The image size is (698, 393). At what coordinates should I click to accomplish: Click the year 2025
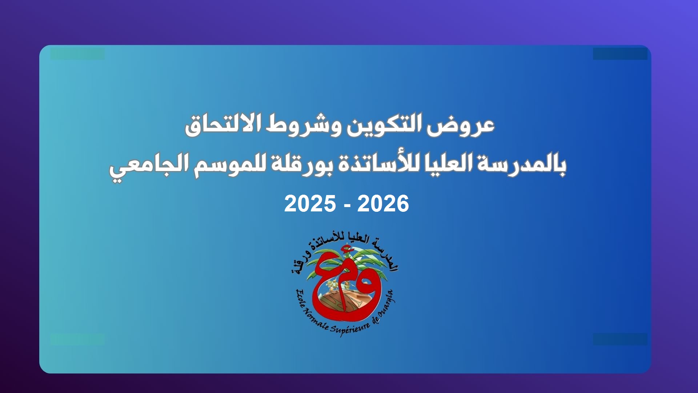coord(310,204)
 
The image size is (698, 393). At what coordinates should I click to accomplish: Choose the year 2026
coord(383,204)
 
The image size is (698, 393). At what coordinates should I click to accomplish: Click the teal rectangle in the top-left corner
coord(77,54)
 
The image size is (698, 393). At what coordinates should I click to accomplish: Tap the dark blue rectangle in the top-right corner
coord(620,54)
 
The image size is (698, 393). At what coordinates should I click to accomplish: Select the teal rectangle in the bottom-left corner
coord(77,339)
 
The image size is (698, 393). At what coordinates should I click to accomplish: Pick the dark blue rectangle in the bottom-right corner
coord(620,339)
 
